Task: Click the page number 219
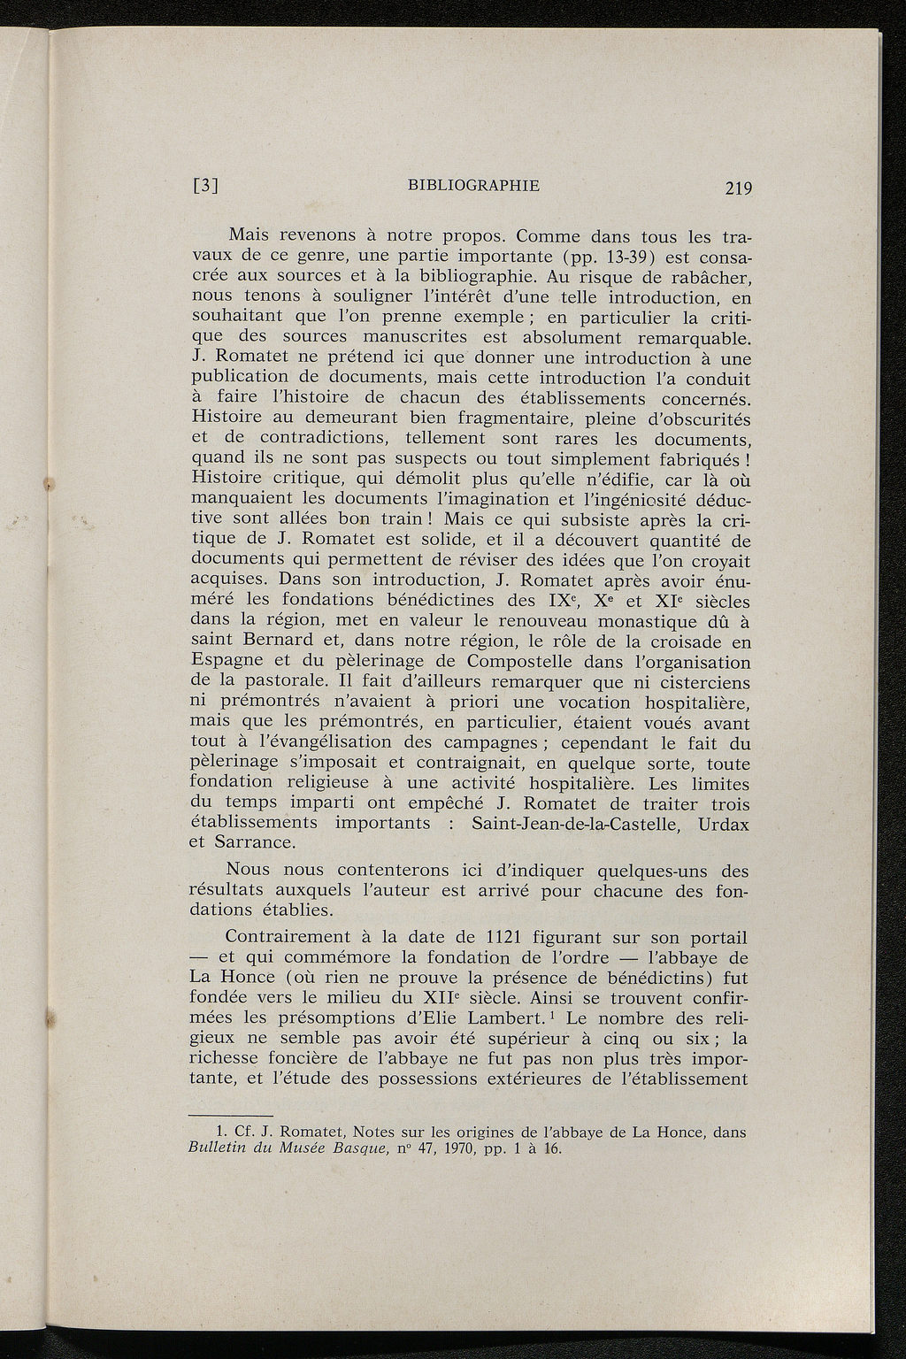[x=737, y=188]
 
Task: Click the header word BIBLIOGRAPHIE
[x=473, y=185]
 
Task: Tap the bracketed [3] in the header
[x=205, y=188]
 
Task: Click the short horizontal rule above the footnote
[x=232, y=1115]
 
